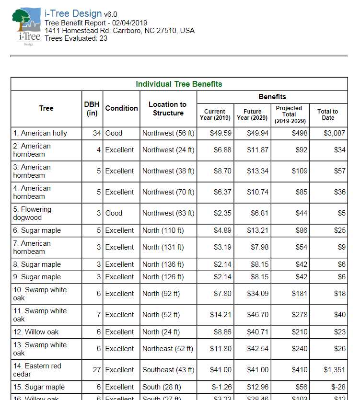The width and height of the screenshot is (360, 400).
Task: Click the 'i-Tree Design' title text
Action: (x=73, y=14)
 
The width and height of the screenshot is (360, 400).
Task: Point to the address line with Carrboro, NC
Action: (x=119, y=31)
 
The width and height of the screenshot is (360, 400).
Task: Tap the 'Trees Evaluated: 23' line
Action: (x=76, y=38)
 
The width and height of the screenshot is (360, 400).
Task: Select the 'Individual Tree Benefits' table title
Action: (x=179, y=84)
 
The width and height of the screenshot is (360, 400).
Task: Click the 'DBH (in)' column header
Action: (x=92, y=108)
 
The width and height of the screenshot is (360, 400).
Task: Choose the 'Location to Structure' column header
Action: (x=168, y=108)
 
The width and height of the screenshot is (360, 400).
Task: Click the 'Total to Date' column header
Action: (x=327, y=114)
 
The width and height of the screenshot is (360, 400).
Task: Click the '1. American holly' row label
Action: (x=44, y=133)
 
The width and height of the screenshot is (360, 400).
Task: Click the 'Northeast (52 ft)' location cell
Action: (x=168, y=349)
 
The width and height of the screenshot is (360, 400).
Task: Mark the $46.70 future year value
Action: (x=257, y=315)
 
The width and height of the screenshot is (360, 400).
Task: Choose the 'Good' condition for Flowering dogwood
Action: (x=114, y=213)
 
